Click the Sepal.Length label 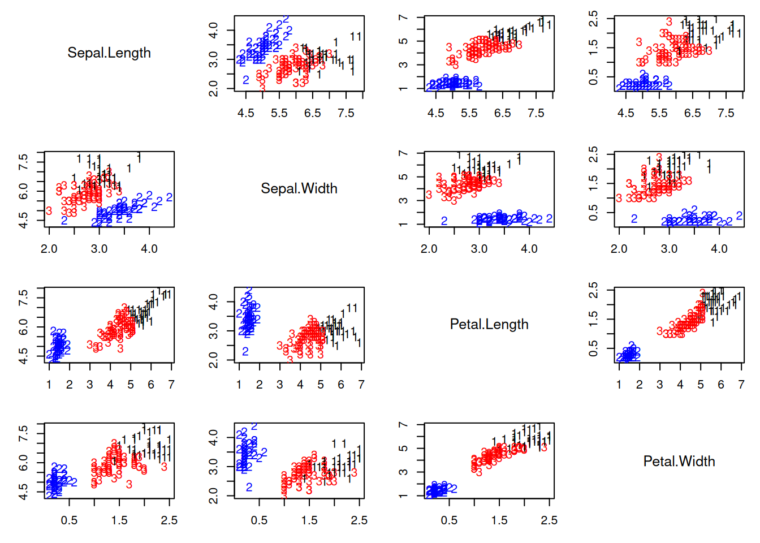109,53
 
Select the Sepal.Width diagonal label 299,188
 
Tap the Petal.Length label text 489,324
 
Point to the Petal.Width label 679,462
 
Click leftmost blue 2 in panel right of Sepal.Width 444,221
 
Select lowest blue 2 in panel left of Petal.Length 245,351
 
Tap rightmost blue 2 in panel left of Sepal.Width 169,197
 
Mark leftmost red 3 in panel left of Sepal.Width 49,211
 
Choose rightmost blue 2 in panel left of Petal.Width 453,488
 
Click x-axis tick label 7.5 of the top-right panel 726,113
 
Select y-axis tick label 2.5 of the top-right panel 593,19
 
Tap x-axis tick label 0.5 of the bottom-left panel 69,520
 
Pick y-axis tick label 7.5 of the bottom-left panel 23,434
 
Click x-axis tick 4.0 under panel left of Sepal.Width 149,249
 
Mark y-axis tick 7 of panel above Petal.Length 403,154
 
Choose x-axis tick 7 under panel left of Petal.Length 361,385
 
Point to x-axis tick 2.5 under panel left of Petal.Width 549,520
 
